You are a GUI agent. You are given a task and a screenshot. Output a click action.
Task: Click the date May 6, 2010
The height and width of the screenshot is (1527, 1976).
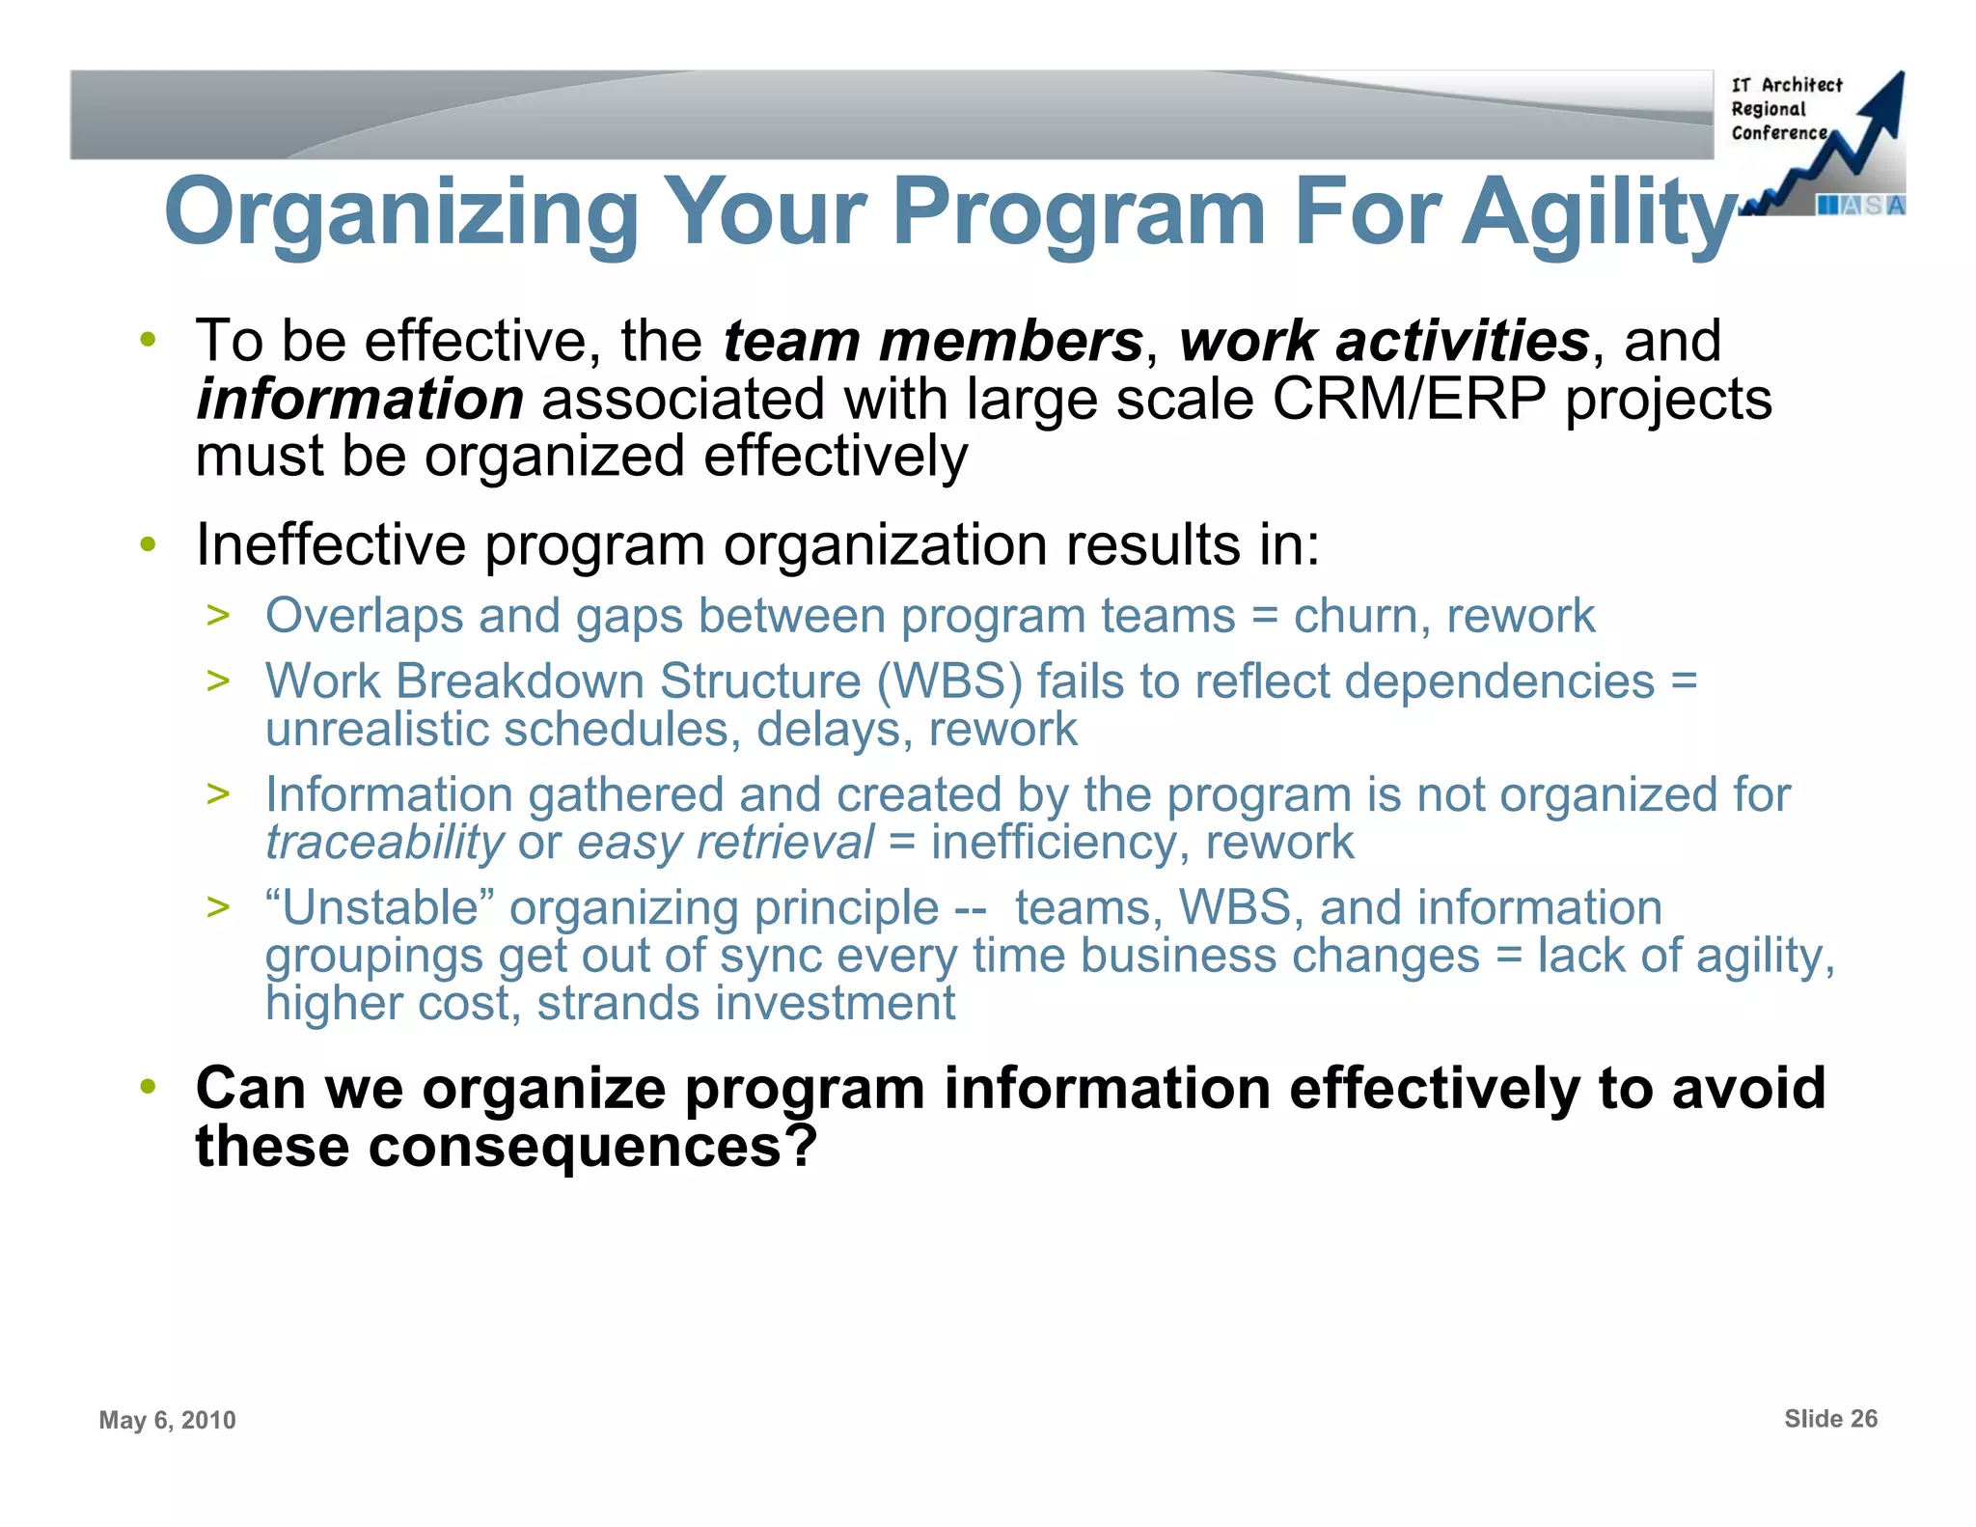coord(167,1420)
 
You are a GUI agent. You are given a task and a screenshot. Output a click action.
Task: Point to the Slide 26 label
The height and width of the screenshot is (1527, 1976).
coord(1830,1418)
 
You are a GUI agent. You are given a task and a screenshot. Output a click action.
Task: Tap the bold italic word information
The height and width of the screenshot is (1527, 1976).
coord(359,400)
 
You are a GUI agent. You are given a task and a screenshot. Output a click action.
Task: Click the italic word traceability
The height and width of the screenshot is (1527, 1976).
coord(384,842)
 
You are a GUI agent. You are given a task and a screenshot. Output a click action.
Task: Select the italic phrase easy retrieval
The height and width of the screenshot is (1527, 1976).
coord(726,842)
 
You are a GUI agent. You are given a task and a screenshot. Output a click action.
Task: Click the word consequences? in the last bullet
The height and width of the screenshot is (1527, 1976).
coord(592,1146)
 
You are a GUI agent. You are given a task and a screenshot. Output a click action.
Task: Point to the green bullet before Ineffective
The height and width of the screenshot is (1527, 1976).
coord(148,544)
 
